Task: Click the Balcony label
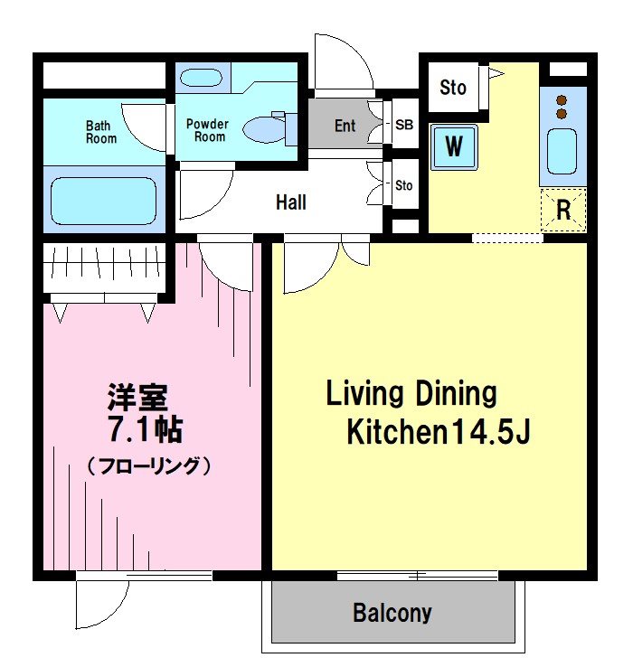click(392, 614)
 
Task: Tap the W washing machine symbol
click(454, 146)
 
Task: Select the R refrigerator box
click(563, 211)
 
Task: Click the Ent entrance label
click(345, 126)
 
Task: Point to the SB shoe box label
click(403, 126)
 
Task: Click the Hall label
click(290, 202)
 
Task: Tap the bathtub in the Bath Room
click(103, 201)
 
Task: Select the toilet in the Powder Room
click(266, 128)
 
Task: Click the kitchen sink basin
click(562, 152)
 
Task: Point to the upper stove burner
click(562, 99)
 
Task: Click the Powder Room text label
click(207, 130)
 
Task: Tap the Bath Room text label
click(101, 132)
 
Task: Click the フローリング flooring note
click(149, 466)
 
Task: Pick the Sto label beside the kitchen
click(453, 88)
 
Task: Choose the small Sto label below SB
click(403, 185)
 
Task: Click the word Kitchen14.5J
click(438, 433)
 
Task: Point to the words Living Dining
click(411, 394)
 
